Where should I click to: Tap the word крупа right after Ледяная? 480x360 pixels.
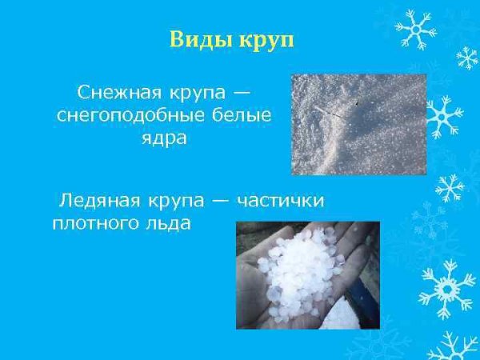coord(182,199)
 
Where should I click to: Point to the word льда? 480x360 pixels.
coord(170,223)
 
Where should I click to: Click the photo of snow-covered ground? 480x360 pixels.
coord(335,124)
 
